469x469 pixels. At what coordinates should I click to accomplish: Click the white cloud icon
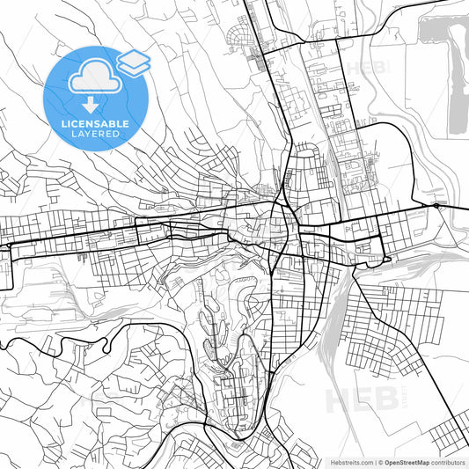click(x=92, y=77)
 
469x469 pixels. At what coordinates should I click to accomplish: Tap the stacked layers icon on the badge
click(x=133, y=61)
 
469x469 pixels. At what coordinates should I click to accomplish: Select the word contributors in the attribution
click(x=448, y=462)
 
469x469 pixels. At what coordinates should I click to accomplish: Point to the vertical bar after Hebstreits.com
click(x=374, y=462)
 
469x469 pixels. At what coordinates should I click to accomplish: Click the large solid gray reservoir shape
click(x=457, y=79)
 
